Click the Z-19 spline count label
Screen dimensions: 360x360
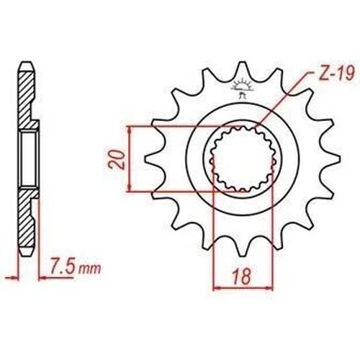(336, 73)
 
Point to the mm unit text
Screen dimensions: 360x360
(90, 269)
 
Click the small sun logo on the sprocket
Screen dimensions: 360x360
(243, 87)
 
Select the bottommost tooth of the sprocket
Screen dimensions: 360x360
(243, 247)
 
